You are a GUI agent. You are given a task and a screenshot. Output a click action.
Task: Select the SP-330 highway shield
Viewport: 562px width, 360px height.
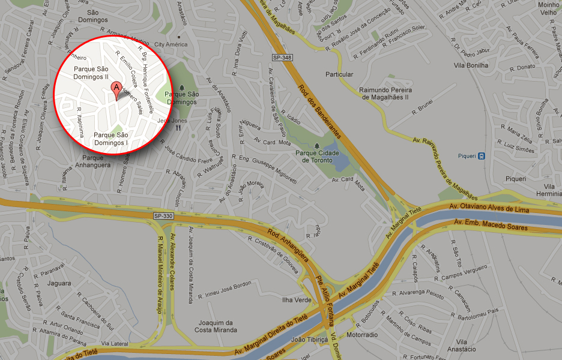coord(163,215)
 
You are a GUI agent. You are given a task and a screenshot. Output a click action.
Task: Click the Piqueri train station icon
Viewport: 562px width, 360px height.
coord(482,155)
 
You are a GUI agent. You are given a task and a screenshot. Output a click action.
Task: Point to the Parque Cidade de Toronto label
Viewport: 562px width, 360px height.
coord(318,156)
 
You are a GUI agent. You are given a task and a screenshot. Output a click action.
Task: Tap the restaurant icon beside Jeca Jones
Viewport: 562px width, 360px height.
coord(178,127)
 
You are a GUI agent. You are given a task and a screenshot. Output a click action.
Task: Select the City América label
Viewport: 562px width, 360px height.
coord(171,44)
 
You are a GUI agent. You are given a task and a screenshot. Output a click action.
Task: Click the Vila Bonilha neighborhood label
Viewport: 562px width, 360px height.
coord(471,65)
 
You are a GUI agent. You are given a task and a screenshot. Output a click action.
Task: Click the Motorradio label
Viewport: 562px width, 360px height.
coord(363,335)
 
